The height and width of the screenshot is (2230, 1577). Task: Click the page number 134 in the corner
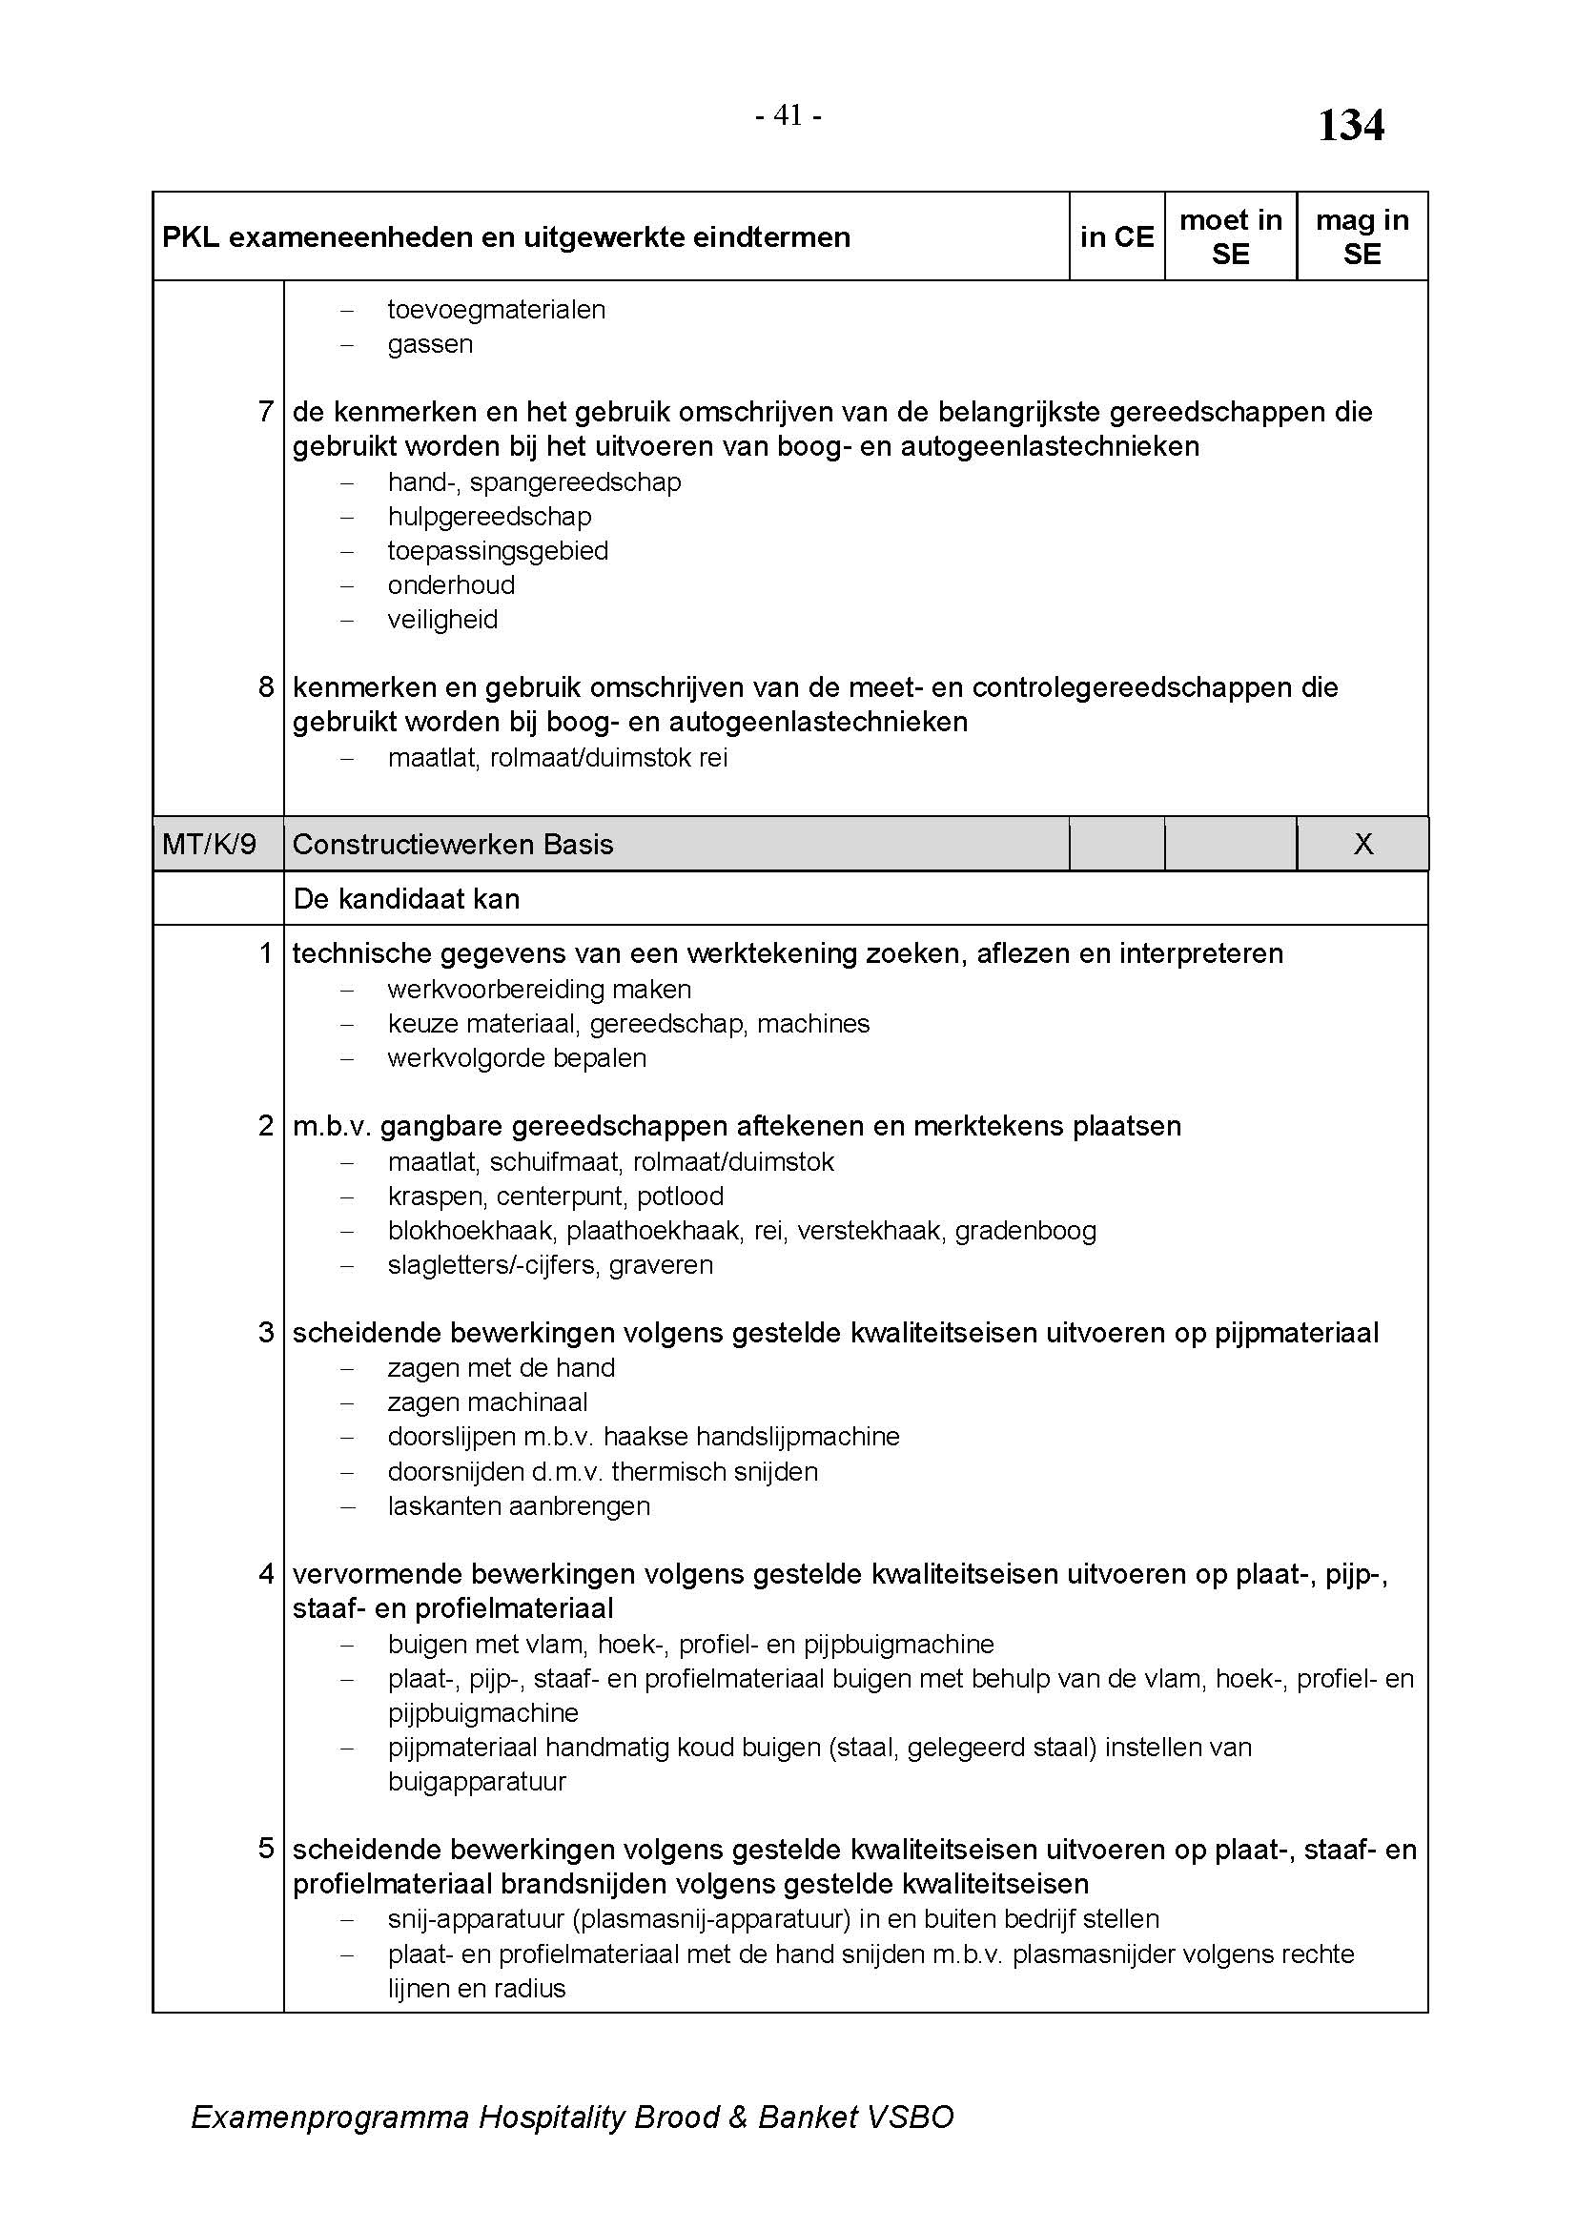1350,126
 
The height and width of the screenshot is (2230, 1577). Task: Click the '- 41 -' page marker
788,115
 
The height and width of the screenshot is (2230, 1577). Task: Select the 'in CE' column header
1116,237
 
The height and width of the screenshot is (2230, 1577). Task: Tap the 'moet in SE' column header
1230,237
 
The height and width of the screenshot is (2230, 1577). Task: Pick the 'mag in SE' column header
1362,237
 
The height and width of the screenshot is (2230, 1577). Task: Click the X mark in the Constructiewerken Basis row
1363,844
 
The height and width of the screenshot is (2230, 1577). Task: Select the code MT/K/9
209,844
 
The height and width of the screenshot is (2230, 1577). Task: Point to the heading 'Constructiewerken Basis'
453,844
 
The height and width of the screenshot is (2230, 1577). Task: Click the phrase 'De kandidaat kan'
406,899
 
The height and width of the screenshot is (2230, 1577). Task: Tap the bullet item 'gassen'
430,345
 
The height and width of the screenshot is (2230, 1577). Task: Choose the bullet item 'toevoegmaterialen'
496,310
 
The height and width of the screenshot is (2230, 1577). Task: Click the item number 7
266,412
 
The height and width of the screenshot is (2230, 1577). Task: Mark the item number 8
266,687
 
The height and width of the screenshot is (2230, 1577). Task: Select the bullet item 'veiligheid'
442,620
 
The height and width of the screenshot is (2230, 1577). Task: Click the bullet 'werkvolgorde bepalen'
517,1057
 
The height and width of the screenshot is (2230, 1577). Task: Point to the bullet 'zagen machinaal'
487,1402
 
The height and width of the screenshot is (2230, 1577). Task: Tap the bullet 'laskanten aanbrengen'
519,1506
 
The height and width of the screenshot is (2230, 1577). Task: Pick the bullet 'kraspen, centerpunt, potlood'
556,1197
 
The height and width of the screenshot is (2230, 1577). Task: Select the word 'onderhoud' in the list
451,585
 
